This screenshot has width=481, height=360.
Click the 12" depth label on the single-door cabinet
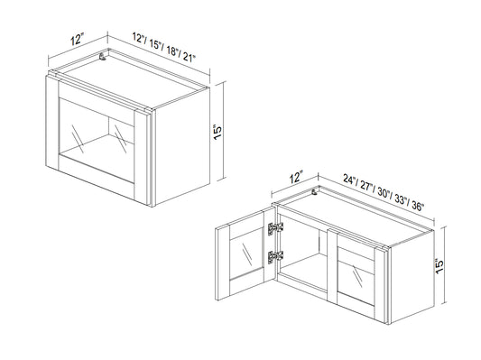tap(77, 40)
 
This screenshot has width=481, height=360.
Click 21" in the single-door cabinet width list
tap(190, 57)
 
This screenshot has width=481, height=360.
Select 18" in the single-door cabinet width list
tap(172, 51)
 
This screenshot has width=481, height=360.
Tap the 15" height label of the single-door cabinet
tap(217, 132)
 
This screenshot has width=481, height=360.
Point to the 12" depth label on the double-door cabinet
tap(296, 177)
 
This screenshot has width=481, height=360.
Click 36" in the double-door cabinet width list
tap(417, 206)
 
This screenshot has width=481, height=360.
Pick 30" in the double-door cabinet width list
tap(384, 192)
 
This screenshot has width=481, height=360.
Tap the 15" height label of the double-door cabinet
tap(439, 266)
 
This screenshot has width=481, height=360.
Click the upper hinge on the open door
tap(275, 228)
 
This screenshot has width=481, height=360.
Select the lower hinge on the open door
tap(275, 256)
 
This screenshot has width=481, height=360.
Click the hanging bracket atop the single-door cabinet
tap(103, 57)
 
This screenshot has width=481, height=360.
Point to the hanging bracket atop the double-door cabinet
tap(314, 192)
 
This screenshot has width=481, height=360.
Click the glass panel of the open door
tap(246, 253)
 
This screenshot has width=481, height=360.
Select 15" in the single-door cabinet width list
tap(156, 44)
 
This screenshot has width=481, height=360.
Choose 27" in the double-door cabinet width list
tap(367, 186)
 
